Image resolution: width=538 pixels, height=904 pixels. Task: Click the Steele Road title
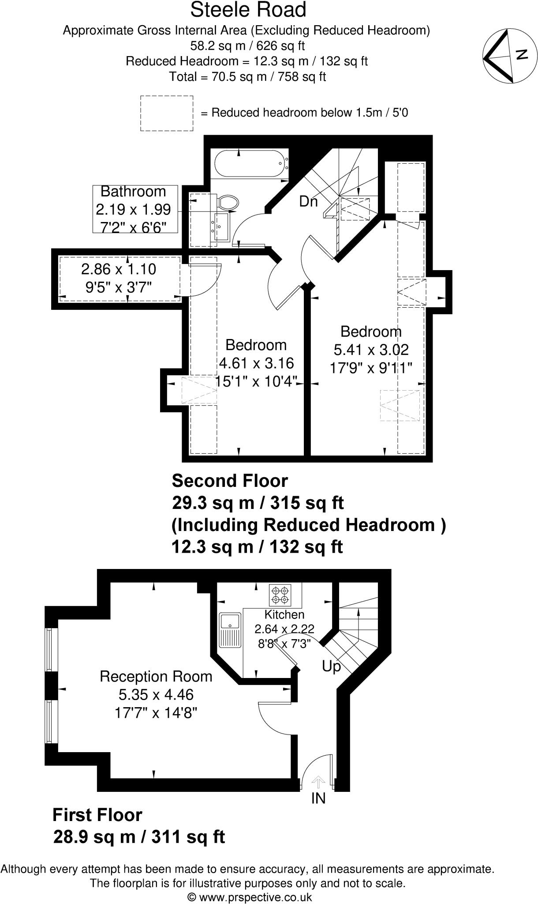248,10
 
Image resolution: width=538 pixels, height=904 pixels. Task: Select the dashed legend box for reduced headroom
167,113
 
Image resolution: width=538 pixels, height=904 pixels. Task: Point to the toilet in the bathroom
228,203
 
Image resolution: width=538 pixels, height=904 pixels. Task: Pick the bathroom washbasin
221,226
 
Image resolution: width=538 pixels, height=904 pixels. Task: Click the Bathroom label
133,192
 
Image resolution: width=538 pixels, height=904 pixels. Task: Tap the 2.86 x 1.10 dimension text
119,269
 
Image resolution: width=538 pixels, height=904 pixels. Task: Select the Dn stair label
308,201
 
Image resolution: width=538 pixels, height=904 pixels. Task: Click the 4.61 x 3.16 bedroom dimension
256,363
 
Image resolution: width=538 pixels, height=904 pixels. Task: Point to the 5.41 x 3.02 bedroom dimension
371,350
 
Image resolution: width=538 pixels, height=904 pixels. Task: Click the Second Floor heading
230,480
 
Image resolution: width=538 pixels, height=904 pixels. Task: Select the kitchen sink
229,630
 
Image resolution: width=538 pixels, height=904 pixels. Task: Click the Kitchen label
284,614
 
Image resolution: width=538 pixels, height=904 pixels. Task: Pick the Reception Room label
156,676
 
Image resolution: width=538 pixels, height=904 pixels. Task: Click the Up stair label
331,666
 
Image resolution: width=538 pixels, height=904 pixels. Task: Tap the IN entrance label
318,810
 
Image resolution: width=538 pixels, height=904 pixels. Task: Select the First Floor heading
97,815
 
